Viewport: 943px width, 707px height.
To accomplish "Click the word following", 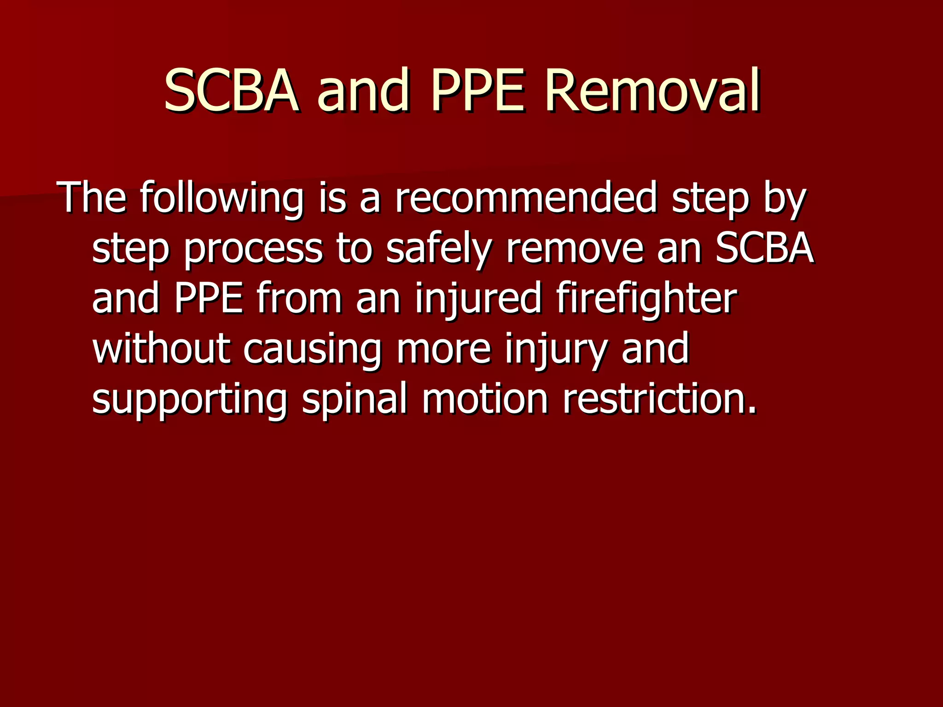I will [221, 198].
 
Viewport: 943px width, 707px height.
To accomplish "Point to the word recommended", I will [526, 198].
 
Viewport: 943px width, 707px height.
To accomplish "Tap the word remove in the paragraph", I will [574, 249].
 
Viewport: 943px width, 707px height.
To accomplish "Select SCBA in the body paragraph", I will [764, 249].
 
